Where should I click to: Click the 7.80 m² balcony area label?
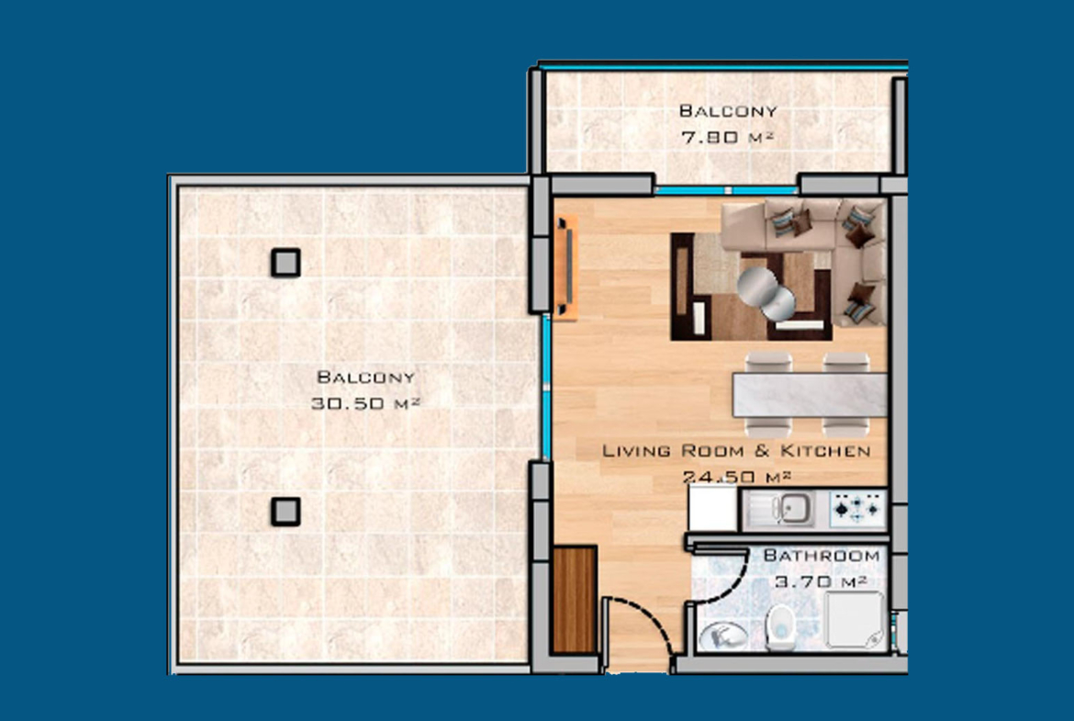coord(727,137)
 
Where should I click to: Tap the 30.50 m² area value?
coord(365,404)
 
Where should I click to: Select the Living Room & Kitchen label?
coord(736,451)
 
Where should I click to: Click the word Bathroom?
coord(822,555)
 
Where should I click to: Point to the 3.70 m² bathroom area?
coord(821,582)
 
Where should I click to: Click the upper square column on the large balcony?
coord(285,263)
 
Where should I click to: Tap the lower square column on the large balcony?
coord(285,512)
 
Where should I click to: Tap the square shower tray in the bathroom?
coord(854,620)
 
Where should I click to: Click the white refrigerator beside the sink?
coord(712,508)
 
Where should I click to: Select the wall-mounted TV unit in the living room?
coord(566,267)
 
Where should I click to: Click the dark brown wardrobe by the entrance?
coord(574,600)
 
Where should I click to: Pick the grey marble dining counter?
coord(810,395)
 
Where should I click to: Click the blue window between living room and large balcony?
coord(546,388)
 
